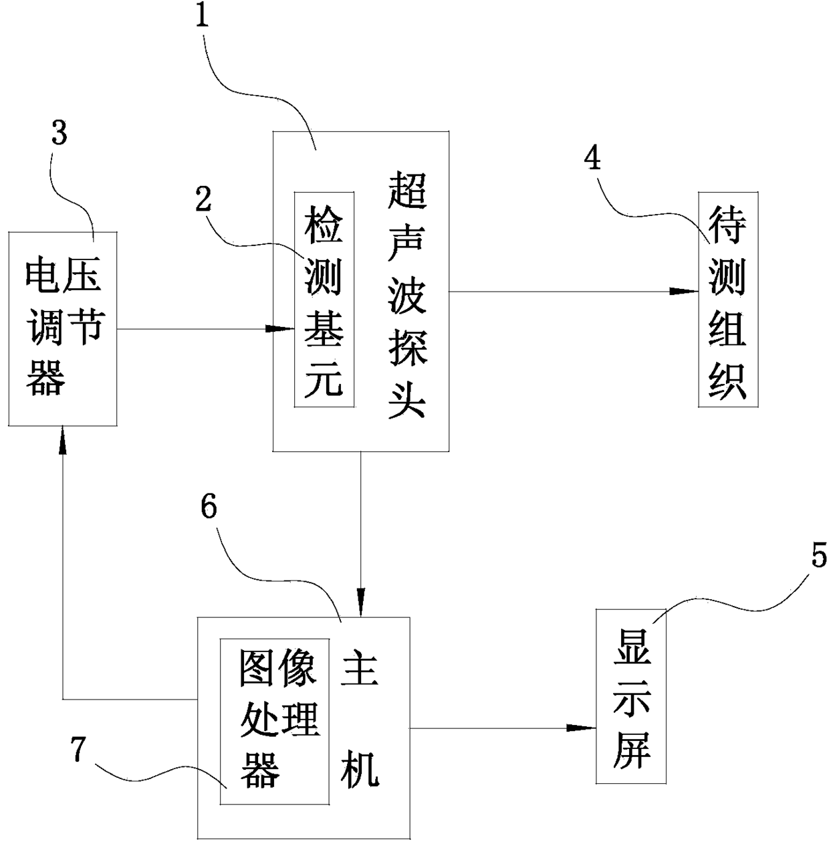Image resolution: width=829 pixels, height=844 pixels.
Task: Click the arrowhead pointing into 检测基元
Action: pos(280,328)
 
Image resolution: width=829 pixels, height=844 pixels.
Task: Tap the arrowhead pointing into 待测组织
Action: pos(684,291)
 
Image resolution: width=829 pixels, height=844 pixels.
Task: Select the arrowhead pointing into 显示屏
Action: pos(582,728)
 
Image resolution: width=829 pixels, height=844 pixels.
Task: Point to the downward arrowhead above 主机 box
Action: pos(361,603)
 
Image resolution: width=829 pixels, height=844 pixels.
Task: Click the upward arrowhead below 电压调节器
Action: pos(63,440)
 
